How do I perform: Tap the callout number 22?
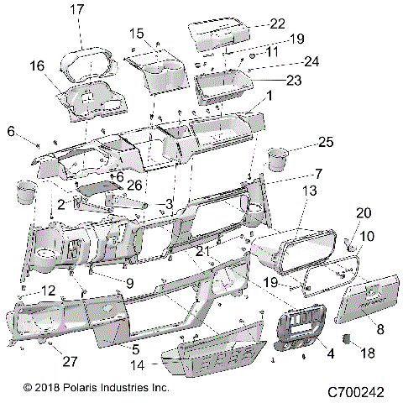(x=277, y=24)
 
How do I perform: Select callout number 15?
(x=137, y=33)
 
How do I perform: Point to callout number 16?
(x=36, y=65)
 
